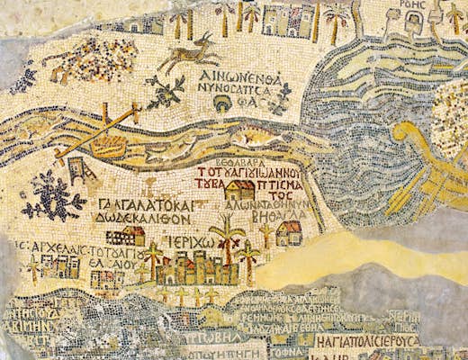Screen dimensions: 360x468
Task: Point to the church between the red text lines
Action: click(x=238, y=190)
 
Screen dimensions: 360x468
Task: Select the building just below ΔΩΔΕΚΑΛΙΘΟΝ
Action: click(x=127, y=236)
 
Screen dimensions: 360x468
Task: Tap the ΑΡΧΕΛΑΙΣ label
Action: click(x=58, y=246)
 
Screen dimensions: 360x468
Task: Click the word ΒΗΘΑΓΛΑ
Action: click(x=289, y=214)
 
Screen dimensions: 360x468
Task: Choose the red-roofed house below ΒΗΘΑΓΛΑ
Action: click(x=289, y=234)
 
